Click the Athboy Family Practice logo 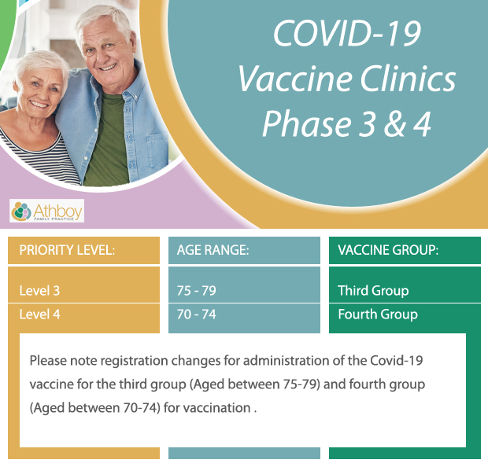click(46, 211)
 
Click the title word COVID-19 click(347, 33)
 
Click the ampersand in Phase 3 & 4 click(395, 123)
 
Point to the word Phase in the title click(307, 123)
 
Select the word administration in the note click(286, 361)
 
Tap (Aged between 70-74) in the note click(95, 408)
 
